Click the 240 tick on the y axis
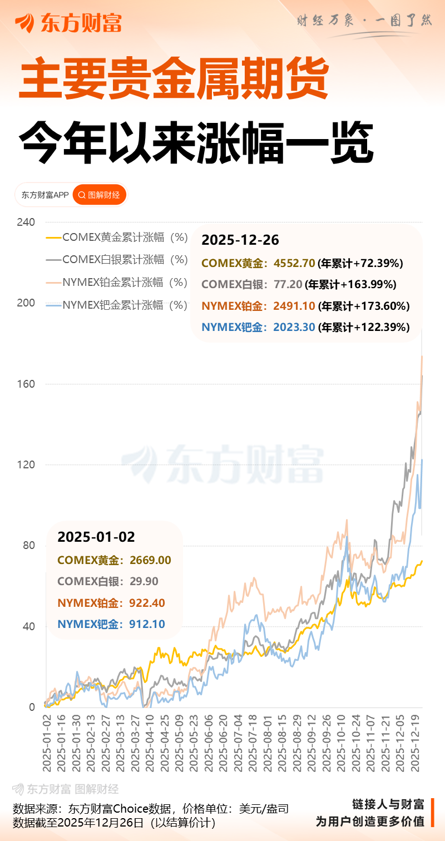tap(26, 222)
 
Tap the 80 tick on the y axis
tap(28, 546)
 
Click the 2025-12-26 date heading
tap(240, 240)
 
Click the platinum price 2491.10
tap(294, 306)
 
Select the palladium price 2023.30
tap(294, 327)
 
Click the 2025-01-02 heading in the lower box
tap(96, 537)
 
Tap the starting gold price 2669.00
tap(150, 560)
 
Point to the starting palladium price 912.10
tap(147, 624)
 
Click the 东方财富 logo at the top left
tap(68, 23)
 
